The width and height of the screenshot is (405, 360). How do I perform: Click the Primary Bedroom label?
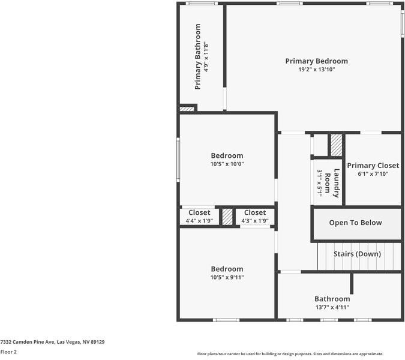coord(316,61)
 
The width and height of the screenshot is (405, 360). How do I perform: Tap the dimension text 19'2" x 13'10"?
coord(316,70)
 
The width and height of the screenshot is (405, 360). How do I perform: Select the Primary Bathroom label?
coord(198,56)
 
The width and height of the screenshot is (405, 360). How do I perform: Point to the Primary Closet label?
coord(373,166)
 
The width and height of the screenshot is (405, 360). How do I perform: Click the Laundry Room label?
coord(332,183)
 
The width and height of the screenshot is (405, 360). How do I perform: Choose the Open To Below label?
coord(355,223)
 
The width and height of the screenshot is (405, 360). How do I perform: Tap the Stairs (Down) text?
coord(357,254)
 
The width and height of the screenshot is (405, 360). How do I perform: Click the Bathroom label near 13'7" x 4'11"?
coord(332,299)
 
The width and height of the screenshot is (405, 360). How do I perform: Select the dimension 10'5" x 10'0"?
coord(227,164)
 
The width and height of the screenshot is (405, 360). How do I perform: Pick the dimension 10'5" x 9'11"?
coord(227,277)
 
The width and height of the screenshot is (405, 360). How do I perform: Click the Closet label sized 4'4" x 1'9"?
coord(199,212)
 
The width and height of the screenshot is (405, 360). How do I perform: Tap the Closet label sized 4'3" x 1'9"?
coord(254,212)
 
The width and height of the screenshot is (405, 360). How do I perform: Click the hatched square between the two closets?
coord(227,217)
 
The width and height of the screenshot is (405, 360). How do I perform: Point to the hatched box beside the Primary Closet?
coord(337,145)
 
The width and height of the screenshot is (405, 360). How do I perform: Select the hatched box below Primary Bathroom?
coord(187,109)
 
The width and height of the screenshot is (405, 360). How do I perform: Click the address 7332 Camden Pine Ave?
coord(53,341)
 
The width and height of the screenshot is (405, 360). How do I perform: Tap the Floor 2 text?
coord(8,352)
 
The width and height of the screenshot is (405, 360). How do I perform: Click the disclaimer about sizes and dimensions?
coord(290,354)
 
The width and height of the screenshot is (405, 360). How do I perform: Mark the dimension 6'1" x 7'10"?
coord(373,174)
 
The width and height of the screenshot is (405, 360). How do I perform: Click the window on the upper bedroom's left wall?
coord(178,159)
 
